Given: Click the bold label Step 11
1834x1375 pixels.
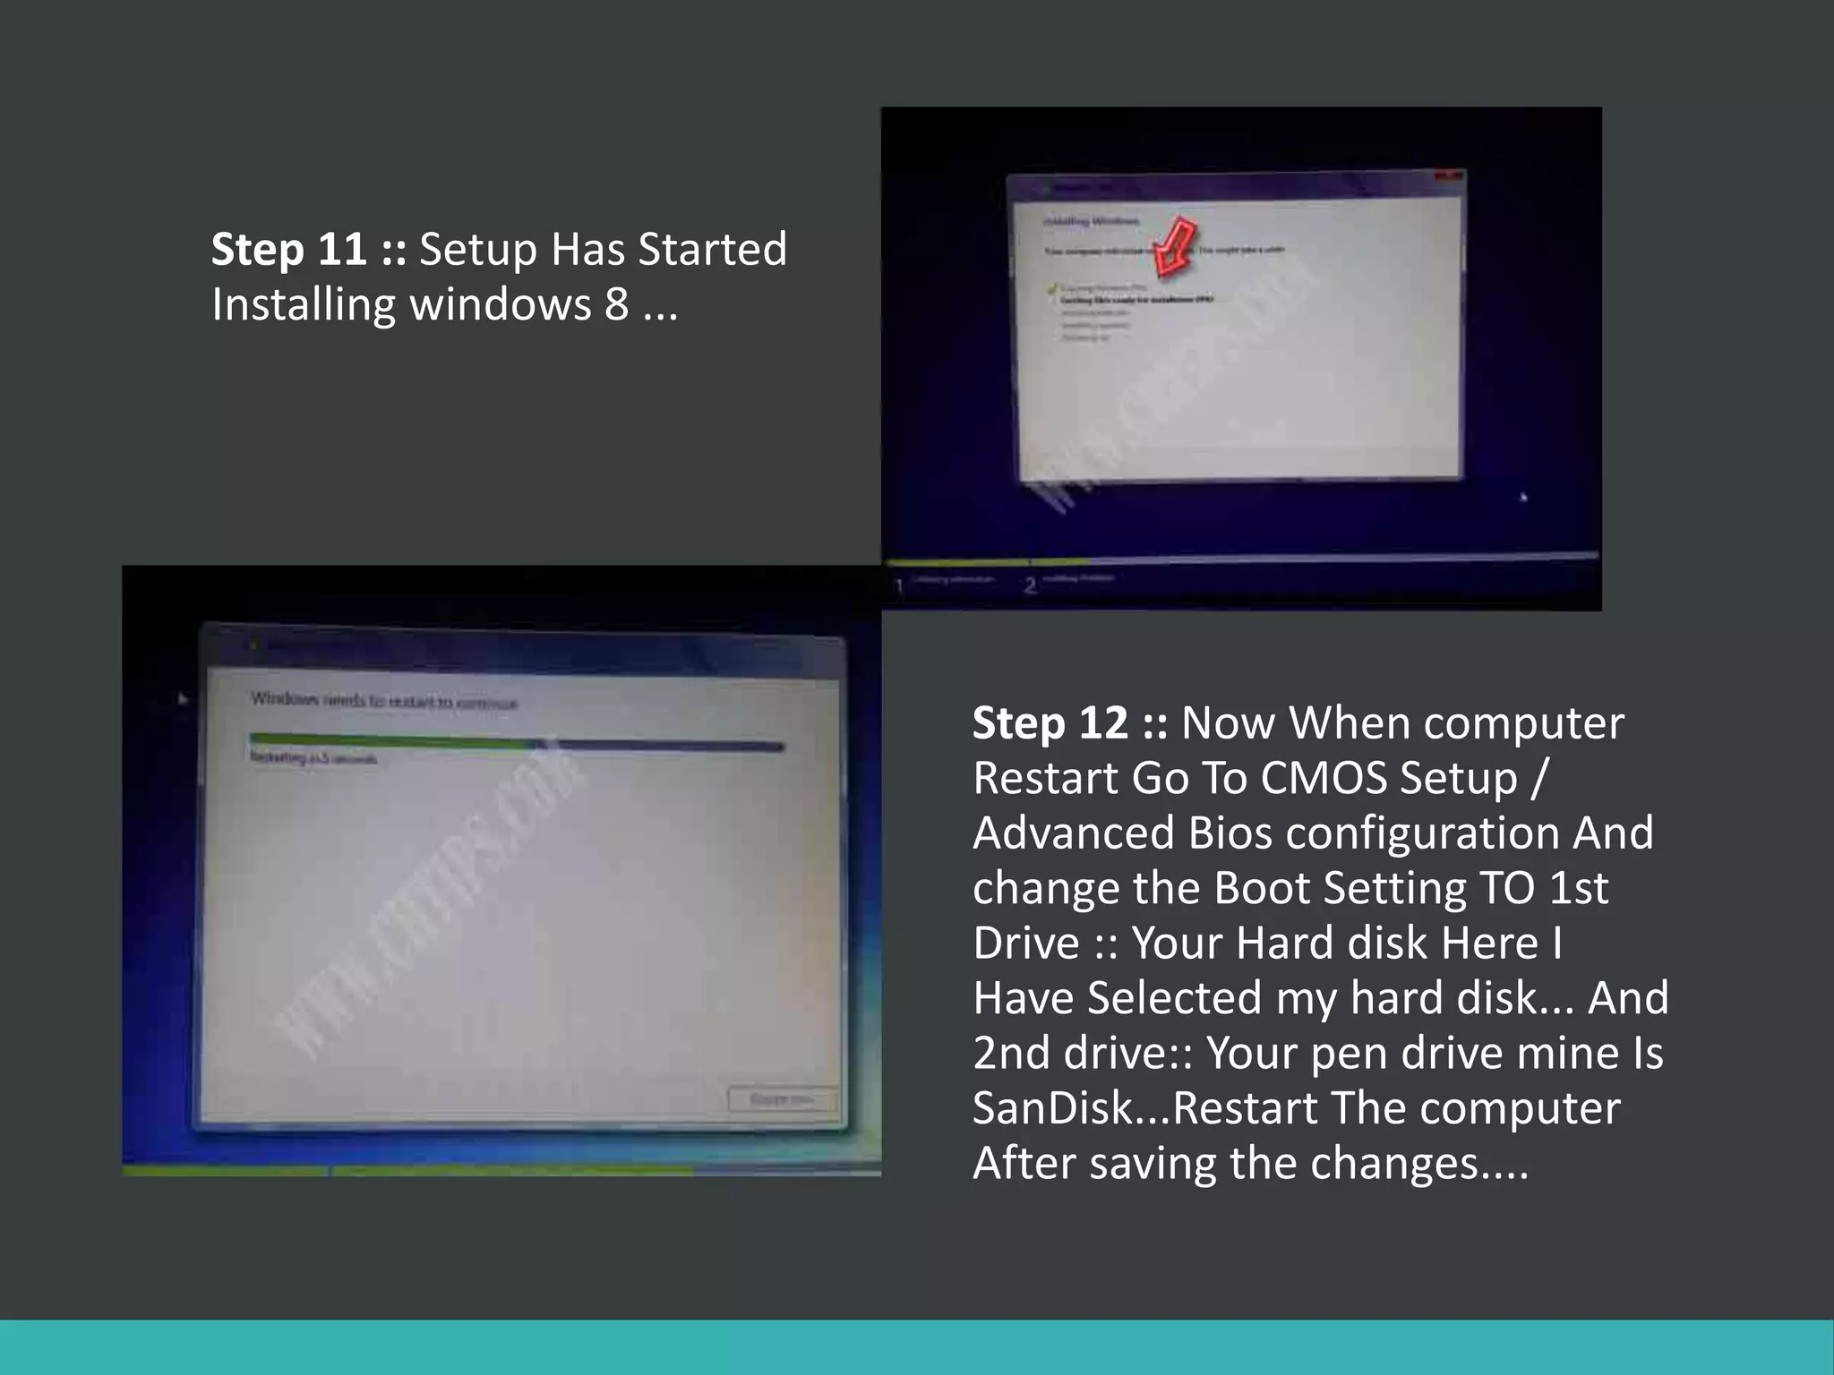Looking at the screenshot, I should (288, 250).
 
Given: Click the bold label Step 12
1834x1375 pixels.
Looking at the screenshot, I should (1050, 723).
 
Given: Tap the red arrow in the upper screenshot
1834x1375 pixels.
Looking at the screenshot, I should (1174, 245).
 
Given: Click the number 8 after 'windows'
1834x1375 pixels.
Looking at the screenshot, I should (616, 304).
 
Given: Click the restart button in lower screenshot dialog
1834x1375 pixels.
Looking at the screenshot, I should (782, 1098).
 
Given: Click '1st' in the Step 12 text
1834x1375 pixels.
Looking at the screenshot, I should (1578, 888).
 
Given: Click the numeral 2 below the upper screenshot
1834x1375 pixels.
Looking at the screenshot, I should (1031, 585).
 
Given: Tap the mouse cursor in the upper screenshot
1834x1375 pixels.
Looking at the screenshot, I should (1523, 496).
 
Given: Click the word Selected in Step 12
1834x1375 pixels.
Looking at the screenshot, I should (1174, 998).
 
